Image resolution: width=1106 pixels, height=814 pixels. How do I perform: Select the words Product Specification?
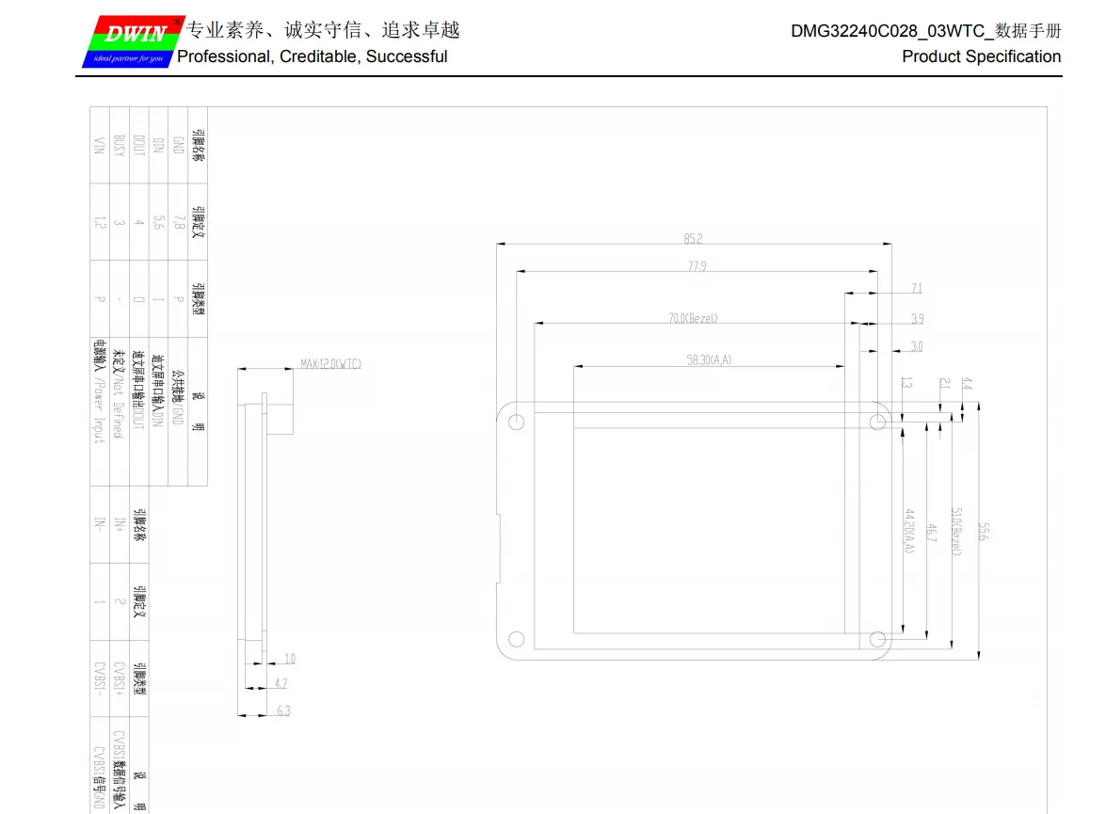pos(981,56)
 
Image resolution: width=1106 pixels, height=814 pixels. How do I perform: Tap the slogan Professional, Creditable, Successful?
pos(313,56)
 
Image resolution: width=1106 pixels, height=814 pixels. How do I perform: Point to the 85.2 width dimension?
pos(694,239)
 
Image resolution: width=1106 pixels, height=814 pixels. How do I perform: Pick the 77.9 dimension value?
pos(697,266)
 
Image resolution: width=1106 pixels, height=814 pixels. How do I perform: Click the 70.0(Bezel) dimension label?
pos(693,318)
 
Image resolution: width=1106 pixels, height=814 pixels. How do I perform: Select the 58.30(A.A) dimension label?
pos(709,359)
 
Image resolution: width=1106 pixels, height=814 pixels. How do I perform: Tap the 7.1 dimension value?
pos(917,288)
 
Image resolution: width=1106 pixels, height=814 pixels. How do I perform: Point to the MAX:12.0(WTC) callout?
pos(330,364)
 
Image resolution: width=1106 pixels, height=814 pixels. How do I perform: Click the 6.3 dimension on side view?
pos(283,710)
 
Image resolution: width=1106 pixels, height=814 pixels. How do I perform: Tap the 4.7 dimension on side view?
pos(281,683)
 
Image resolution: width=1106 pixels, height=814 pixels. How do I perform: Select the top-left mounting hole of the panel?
pos(516,423)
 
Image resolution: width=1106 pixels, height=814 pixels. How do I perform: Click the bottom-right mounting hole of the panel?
pos(877,640)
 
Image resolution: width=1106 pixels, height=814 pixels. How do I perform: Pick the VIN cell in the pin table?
pos(99,145)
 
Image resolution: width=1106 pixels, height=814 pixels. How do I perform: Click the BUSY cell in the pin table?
pos(119,145)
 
